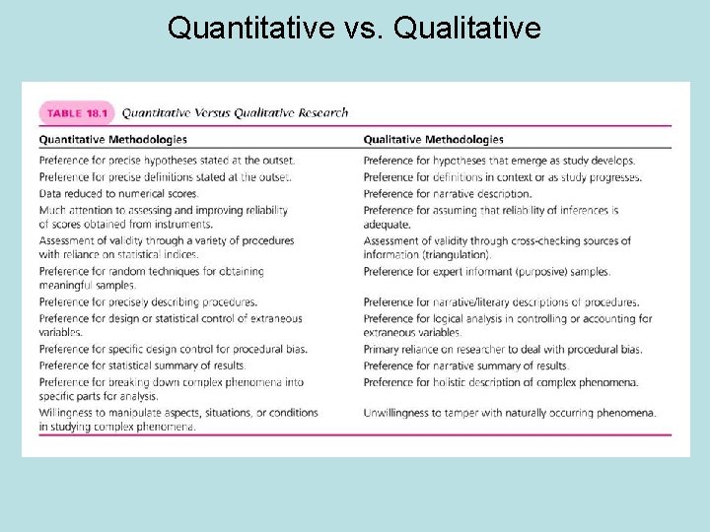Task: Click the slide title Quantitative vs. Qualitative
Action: (x=354, y=27)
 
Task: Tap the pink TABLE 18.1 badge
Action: (x=77, y=112)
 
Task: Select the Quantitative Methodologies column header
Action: (x=113, y=140)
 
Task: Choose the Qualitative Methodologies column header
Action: (x=433, y=140)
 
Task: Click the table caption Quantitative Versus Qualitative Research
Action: (x=235, y=112)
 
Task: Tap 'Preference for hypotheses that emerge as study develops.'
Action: (x=499, y=160)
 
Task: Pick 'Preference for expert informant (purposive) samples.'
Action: (x=486, y=271)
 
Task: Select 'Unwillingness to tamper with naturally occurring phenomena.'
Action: (x=509, y=412)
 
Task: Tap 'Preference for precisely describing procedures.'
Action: (x=148, y=302)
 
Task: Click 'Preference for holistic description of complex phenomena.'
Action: (x=500, y=381)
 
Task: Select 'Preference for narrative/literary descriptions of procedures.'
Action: (x=501, y=302)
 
